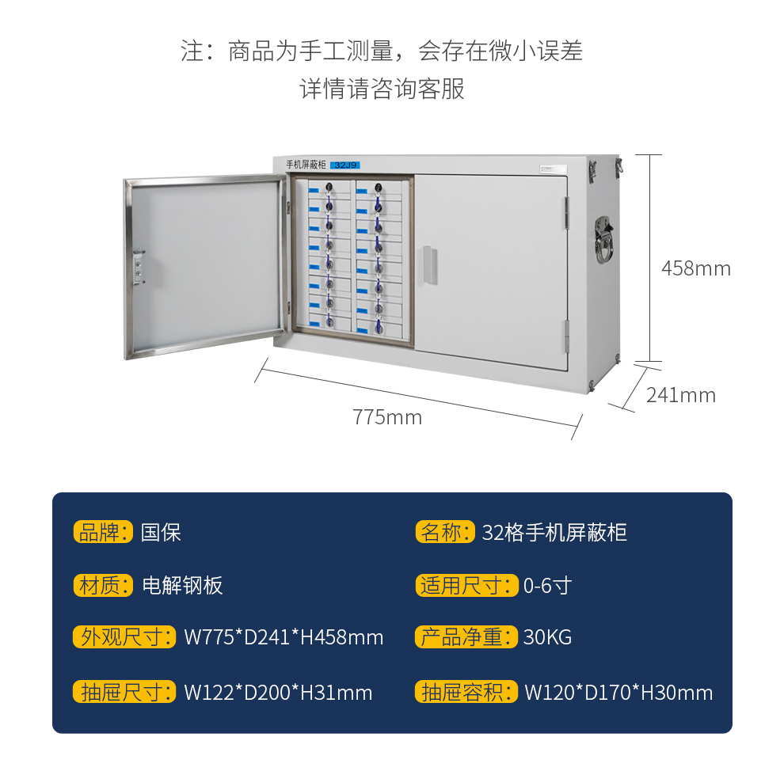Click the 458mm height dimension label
695,268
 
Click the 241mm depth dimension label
680,394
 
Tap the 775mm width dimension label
387,417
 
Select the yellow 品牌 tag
103,532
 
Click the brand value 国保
162,532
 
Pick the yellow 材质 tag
103,586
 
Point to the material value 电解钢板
182,586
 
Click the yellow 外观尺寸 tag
124,637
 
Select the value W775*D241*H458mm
284,637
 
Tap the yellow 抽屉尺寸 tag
124,693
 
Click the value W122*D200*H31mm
278,693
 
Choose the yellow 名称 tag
444,532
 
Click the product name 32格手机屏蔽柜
554,532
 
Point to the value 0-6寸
547,586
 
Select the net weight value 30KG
547,637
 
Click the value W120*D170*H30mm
618,693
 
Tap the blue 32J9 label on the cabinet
346,165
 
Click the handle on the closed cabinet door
429,264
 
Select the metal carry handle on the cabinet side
604,237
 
